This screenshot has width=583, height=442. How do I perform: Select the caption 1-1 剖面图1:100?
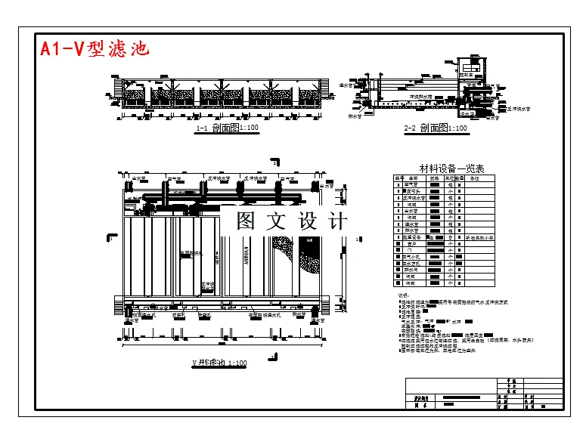coord(227,128)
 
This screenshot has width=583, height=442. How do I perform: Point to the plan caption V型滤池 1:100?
coord(219,363)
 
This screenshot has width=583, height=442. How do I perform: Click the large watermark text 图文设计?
coord(291,221)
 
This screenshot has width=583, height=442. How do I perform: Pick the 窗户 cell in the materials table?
coord(411,244)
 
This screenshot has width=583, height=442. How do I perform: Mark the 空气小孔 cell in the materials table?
coord(413,257)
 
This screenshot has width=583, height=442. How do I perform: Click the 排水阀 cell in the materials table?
coord(411,270)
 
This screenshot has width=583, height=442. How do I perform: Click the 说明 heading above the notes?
coord(402,295)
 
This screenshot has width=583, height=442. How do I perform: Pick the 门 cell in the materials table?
coord(411,250)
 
